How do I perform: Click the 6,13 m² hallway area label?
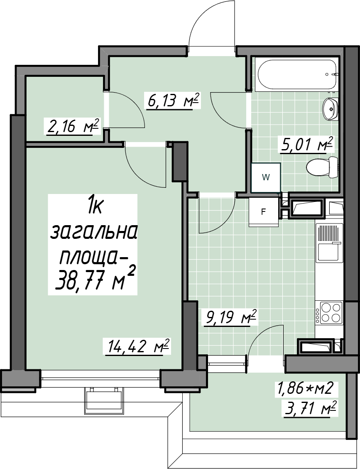click(x=172, y=101)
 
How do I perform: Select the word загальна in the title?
click(x=93, y=232)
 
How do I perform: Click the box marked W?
click(x=265, y=177)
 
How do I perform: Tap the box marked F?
click(x=263, y=212)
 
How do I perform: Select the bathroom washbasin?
click(x=331, y=109)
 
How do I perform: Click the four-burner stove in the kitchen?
click(x=331, y=312)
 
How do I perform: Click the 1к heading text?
click(x=93, y=207)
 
